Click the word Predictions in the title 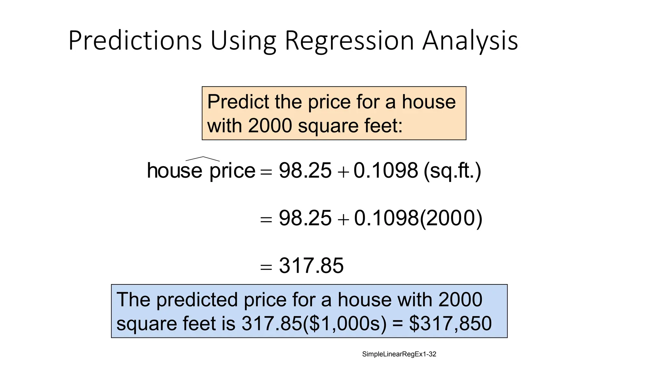click(x=135, y=41)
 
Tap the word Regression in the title click(x=349, y=41)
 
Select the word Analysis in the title click(x=470, y=41)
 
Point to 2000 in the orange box click(x=270, y=126)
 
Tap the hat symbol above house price click(x=203, y=159)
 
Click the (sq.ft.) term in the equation click(x=452, y=171)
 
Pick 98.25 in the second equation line click(x=305, y=218)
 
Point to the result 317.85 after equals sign click(x=311, y=266)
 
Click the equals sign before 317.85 click(x=266, y=267)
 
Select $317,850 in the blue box click(x=450, y=324)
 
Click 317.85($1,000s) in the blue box click(x=314, y=324)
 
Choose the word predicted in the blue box click(x=197, y=300)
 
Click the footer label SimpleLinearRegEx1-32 click(x=399, y=354)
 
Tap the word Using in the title click(x=243, y=41)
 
